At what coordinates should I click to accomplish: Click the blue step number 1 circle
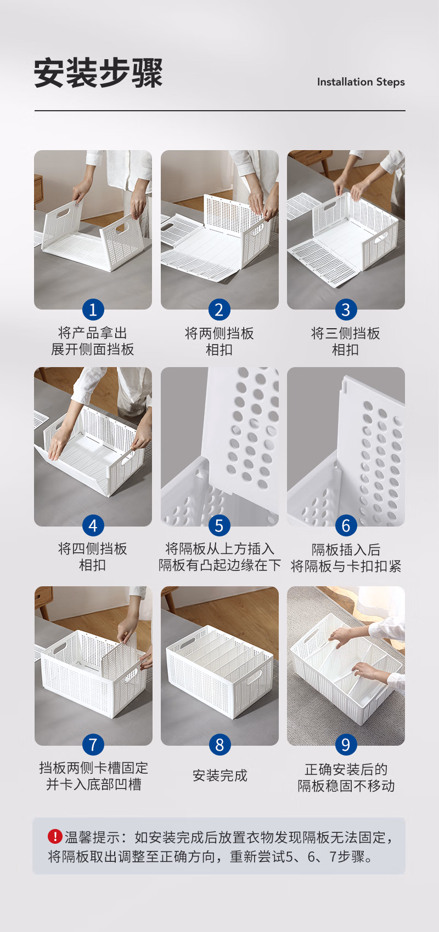click(93, 310)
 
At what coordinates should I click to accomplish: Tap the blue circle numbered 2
click(219, 310)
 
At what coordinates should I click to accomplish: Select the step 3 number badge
click(346, 310)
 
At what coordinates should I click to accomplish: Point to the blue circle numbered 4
click(93, 525)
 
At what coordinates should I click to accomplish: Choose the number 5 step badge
click(219, 525)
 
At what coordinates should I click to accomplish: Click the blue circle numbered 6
click(346, 525)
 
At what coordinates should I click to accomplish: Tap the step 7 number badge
click(93, 745)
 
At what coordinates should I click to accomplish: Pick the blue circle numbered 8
click(219, 745)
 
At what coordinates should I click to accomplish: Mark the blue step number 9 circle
click(346, 745)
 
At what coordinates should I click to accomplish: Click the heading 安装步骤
click(98, 73)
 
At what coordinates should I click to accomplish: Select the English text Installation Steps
click(361, 82)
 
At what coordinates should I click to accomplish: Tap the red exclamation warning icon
click(55, 836)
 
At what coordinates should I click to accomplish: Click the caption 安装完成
click(219, 775)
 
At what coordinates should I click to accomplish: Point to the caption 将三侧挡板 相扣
click(346, 341)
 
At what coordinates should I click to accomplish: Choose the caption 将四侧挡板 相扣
click(93, 557)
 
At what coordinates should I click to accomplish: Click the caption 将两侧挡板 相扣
click(219, 341)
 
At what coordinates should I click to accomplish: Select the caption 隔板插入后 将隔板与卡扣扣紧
click(346, 558)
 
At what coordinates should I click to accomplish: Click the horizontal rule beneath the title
click(219, 111)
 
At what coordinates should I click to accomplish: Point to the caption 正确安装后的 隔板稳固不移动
click(346, 777)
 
